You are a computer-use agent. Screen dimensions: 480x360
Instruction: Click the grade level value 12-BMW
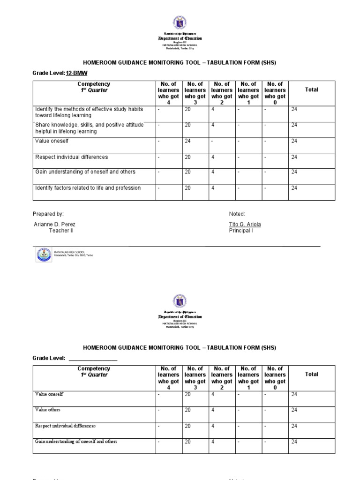[76, 73]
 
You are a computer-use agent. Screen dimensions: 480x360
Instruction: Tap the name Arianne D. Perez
[54, 225]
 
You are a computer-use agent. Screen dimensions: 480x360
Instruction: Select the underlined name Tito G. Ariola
[245, 225]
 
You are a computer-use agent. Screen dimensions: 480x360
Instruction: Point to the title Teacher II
[61, 231]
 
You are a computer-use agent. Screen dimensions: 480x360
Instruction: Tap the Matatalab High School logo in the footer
[44, 255]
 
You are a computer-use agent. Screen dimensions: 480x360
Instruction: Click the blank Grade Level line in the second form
[93, 358]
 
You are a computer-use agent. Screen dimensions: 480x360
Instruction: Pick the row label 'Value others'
[48, 410]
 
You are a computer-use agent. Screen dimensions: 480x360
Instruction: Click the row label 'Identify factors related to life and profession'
[88, 188]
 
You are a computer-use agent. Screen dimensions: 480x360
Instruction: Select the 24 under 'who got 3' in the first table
[187, 141]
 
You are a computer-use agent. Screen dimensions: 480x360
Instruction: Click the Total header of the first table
[311, 90]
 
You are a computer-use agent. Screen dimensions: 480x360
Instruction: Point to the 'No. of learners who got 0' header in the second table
[275, 375]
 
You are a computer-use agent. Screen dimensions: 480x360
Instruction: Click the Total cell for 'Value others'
[294, 410]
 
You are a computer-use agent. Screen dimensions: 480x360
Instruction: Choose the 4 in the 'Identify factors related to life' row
[213, 188]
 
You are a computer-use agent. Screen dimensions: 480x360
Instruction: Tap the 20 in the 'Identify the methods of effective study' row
[187, 109]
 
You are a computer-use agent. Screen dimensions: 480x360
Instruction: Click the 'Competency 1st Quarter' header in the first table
[94, 87]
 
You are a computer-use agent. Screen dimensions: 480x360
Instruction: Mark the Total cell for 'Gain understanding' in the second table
[294, 442]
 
